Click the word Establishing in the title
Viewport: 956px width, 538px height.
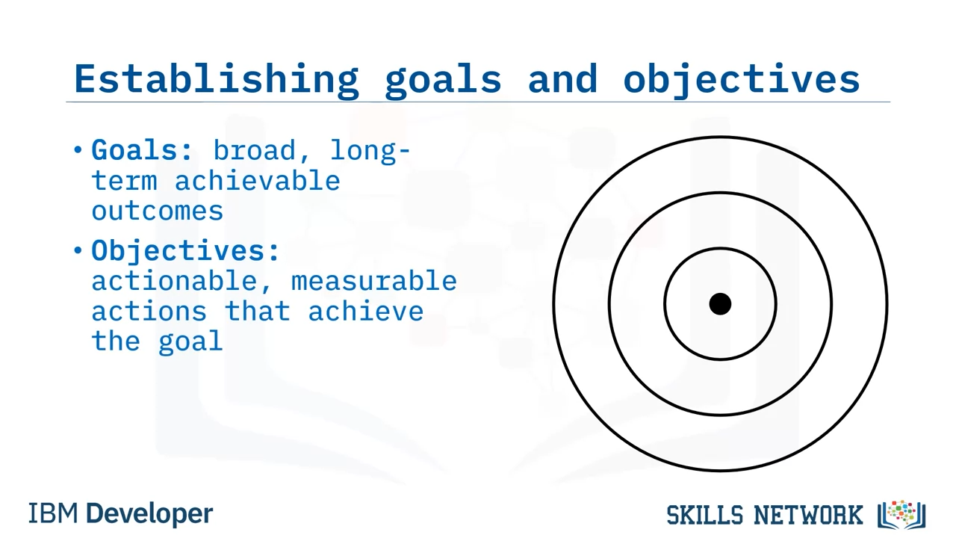(x=217, y=80)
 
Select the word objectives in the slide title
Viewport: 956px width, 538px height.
(x=742, y=80)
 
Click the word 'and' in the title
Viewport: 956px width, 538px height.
(x=562, y=78)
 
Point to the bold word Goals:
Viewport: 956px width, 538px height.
(x=142, y=150)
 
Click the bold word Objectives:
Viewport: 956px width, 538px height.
(x=185, y=250)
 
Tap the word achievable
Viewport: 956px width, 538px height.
(x=258, y=180)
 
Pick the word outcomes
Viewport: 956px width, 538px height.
(x=158, y=211)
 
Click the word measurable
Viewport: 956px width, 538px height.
(x=374, y=281)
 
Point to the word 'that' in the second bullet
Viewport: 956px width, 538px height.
(x=258, y=310)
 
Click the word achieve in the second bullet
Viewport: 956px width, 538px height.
(x=366, y=310)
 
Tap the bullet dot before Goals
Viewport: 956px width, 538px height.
(x=78, y=150)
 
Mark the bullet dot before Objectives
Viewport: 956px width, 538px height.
(x=78, y=250)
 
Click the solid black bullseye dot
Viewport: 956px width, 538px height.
(x=720, y=304)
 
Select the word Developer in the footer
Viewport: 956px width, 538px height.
(x=149, y=514)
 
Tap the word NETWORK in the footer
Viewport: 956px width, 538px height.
(x=808, y=515)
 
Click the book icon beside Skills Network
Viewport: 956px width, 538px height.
(x=901, y=515)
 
